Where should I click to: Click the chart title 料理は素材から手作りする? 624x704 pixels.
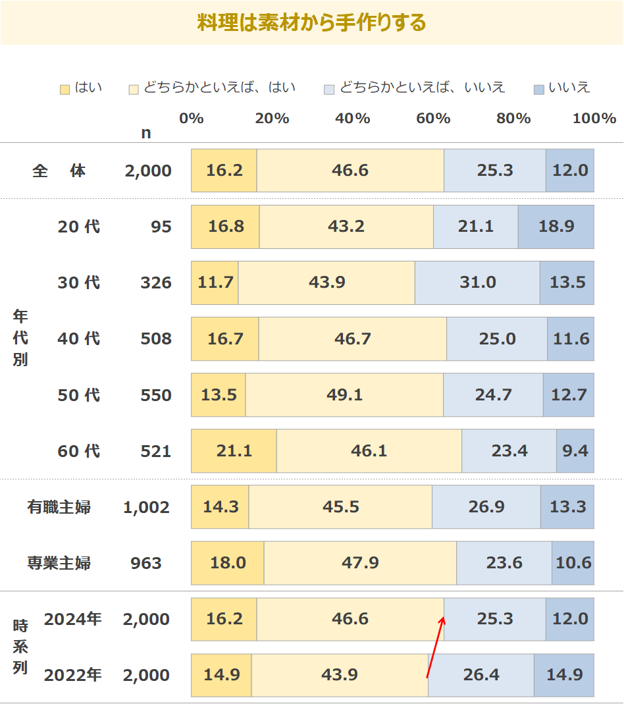[x=311, y=23]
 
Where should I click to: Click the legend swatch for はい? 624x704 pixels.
[x=65, y=89]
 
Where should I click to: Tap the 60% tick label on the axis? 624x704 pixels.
[x=433, y=119]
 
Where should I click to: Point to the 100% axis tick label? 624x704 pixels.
[x=594, y=119]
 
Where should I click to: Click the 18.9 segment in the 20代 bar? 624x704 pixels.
[x=556, y=227]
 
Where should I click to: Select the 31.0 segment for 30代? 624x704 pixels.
[x=477, y=283]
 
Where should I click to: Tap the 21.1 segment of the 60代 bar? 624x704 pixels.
[x=234, y=451]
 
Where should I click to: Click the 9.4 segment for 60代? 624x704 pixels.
[x=575, y=451]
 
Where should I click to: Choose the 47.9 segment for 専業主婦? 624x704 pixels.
[x=360, y=563]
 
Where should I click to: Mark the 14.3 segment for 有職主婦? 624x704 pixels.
[x=220, y=507]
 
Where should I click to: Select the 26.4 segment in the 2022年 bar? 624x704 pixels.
[x=481, y=675]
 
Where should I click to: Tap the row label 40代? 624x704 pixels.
[x=78, y=338]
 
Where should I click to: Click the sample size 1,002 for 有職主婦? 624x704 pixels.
[x=146, y=507]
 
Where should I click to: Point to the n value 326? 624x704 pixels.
[x=155, y=283]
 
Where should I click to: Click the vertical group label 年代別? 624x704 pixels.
[x=20, y=338]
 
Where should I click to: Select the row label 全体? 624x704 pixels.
[x=59, y=171]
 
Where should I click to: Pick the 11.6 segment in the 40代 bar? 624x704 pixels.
[x=571, y=338]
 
